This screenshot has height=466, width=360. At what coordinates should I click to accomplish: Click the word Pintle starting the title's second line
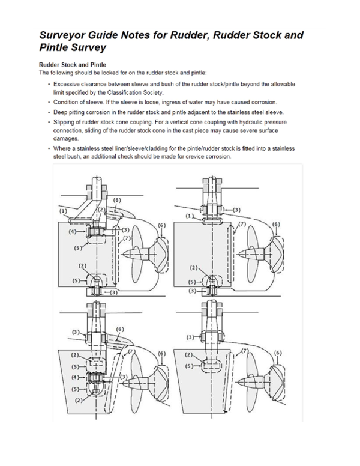pyautogui.click(x=56, y=47)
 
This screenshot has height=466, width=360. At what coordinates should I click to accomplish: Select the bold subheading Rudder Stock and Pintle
pyautogui.click(x=73, y=65)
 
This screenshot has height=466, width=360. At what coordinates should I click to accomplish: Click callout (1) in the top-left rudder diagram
pyautogui.click(x=62, y=211)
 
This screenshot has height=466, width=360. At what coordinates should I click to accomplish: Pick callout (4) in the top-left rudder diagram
pyautogui.click(x=72, y=231)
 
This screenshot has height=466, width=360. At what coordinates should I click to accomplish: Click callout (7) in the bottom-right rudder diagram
pyautogui.click(x=245, y=349)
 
